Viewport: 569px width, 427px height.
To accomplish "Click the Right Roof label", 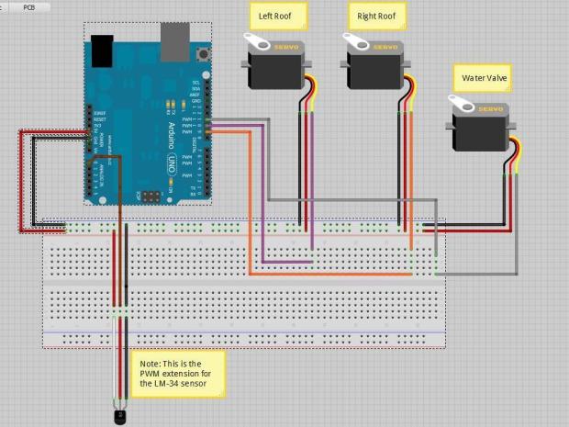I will coord(376,16).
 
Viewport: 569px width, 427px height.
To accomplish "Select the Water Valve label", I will coord(482,78).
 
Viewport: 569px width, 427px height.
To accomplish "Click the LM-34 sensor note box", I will coord(177,372).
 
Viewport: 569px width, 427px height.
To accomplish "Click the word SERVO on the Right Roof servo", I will coord(385,46).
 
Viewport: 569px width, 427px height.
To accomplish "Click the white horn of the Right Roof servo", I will coord(355,41).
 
